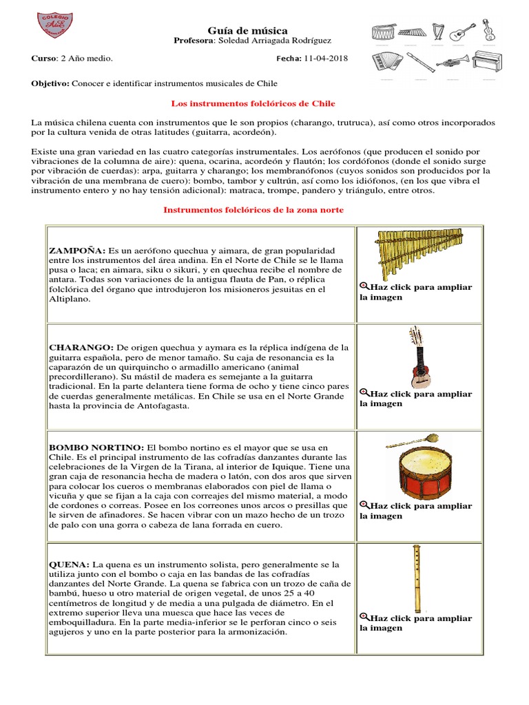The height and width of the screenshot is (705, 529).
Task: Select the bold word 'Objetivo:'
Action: pyautogui.click(x=50, y=83)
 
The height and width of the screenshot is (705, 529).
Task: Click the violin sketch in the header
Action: pyautogui.click(x=488, y=31)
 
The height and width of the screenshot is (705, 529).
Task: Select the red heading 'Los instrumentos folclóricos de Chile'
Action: pyautogui.click(x=252, y=103)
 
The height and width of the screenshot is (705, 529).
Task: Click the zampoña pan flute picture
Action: pyautogui.click(x=417, y=253)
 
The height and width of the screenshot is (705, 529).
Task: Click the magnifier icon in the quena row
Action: pyautogui.click(x=364, y=618)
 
